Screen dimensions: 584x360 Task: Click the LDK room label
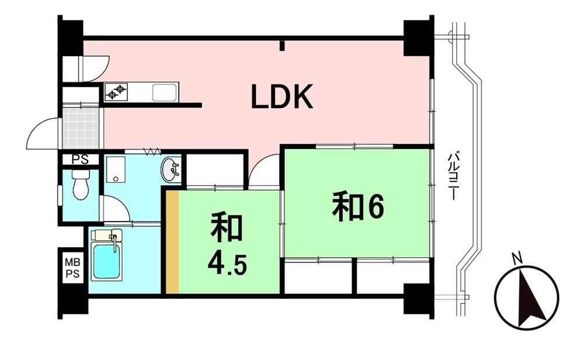coord(282,96)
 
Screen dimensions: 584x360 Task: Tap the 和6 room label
coord(357,207)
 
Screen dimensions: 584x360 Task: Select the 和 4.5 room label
coord(227,244)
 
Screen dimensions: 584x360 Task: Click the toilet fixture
coord(81,184)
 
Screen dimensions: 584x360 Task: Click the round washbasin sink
coord(171,170)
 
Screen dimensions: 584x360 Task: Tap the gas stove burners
coord(116,92)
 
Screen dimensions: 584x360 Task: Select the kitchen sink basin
coord(164,92)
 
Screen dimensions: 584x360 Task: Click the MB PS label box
coord(72,268)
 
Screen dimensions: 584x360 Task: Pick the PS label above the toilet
coord(80,160)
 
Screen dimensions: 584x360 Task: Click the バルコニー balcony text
coord(453,175)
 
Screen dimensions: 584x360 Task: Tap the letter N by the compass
coord(516,258)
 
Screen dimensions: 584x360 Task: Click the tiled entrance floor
coord(81,128)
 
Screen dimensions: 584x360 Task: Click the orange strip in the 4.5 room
coord(172,242)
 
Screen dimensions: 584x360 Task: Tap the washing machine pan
coord(115,169)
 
